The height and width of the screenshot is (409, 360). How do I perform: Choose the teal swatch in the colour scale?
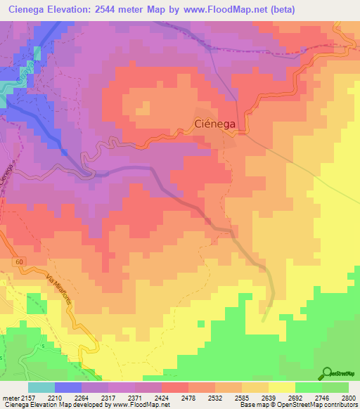(x=41, y=387)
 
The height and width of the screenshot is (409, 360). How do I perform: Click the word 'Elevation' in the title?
(x=73, y=10)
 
